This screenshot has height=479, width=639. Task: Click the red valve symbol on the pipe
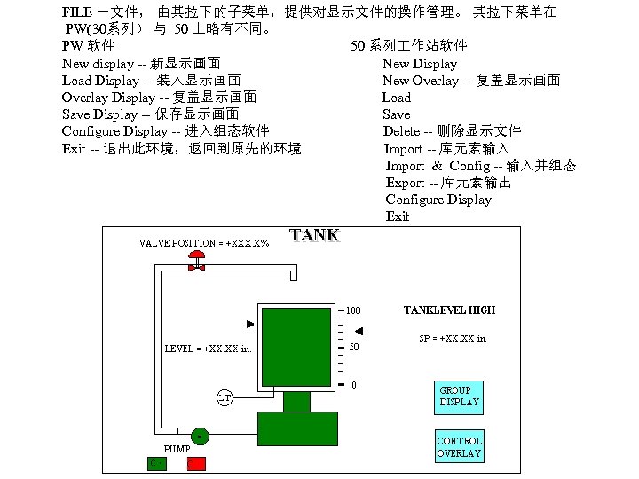(x=196, y=263)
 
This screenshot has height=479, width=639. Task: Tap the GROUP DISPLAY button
(x=459, y=396)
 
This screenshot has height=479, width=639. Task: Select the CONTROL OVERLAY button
(x=459, y=446)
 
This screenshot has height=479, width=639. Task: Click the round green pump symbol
(x=201, y=436)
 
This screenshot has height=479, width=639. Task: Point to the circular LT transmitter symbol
(x=225, y=397)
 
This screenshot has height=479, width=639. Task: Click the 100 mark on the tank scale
(x=353, y=310)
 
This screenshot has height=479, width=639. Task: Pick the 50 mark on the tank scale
(x=353, y=347)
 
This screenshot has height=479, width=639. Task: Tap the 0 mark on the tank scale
(x=354, y=385)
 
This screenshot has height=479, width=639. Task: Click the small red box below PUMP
(x=196, y=463)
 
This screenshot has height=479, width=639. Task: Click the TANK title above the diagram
(x=314, y=235)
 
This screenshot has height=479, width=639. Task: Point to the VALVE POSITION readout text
(x=204, y=243)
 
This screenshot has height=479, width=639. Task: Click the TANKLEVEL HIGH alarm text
(x=449, y=310)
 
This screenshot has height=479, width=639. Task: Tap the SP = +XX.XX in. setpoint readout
(x=453, y=338)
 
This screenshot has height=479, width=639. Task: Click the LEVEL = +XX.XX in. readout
(x=208, y=349)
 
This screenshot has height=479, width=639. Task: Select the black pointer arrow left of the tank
(x=250, y=323)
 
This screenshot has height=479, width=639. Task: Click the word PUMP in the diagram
(x=177, y=449)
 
